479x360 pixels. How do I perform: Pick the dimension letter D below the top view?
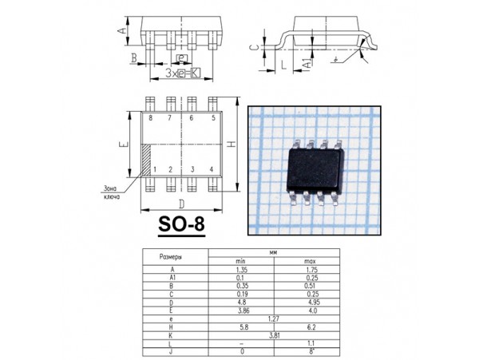point(182,205)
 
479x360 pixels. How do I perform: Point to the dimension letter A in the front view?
point(122,30)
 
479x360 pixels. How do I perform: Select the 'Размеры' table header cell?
point(172,257)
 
